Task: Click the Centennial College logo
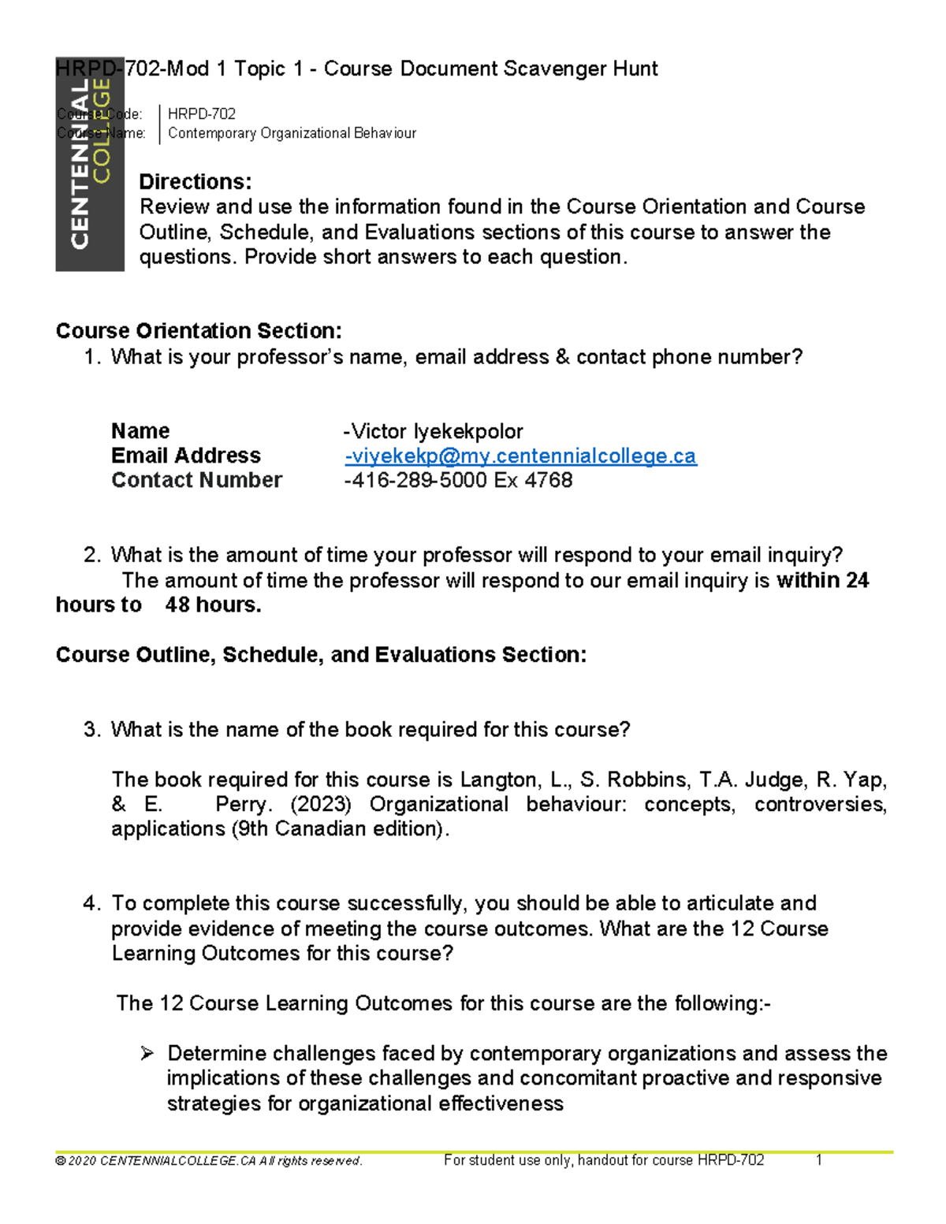point(90,164)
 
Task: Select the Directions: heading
point(195,182)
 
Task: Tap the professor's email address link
point(520,456)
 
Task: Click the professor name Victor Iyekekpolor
point(434,431)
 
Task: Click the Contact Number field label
point(196,480)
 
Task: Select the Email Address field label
point(186,456)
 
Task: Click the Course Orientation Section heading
point(199,331)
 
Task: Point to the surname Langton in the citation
point(500,779)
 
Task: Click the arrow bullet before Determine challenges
point(147,1053)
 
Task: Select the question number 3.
point(91,730)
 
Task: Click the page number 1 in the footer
point(819,1160)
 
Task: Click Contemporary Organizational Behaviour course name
point(292,133)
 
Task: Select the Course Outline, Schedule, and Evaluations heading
point(321,655)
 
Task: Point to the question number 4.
point(91,903)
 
